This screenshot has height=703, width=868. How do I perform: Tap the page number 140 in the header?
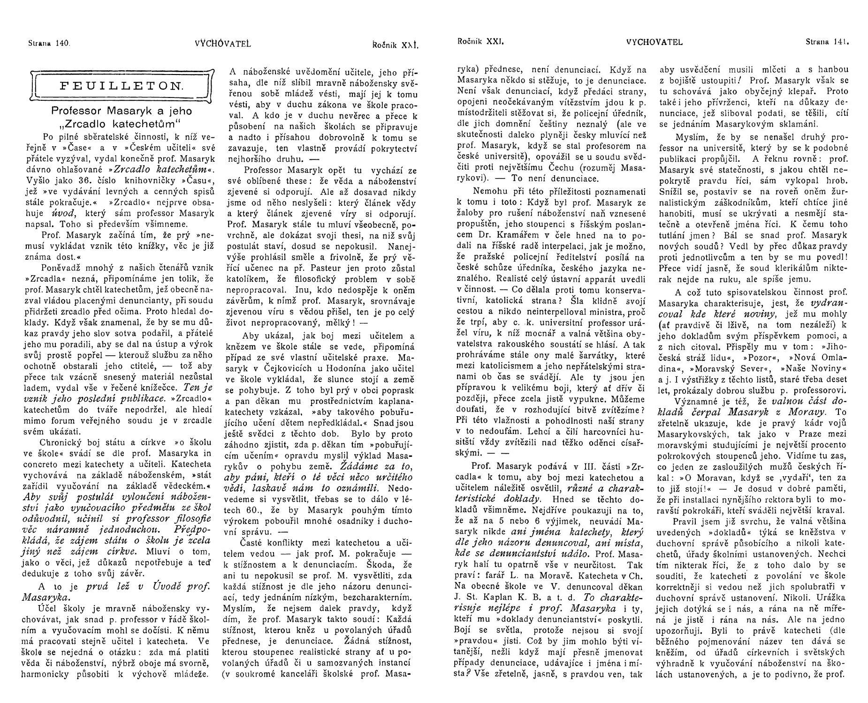(62, 44)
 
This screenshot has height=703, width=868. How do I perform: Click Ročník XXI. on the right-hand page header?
(480, 41)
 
